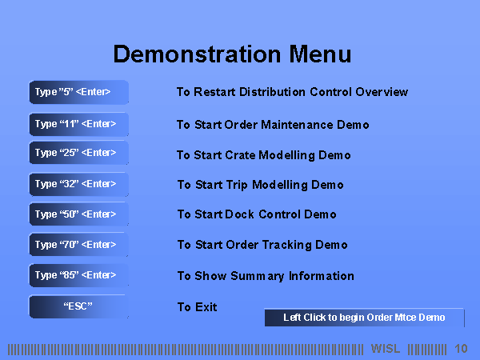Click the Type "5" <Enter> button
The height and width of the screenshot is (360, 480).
tap(78, 92)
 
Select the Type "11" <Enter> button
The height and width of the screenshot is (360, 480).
tap(78, 124)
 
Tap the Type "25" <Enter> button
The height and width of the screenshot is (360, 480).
tap(78, 153)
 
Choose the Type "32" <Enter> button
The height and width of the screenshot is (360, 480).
tap(78, 184)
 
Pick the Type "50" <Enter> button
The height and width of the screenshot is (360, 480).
tap(78, 214)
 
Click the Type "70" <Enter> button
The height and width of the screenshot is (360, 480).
tap(78, 244)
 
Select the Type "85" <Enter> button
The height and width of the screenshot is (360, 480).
tap(78, 275)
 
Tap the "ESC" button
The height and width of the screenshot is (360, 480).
tap(78, 306)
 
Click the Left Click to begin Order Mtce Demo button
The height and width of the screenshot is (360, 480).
tap(364, 318)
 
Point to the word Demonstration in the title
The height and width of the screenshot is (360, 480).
tap(197, 54)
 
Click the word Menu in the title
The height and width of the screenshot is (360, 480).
tap(320, 54)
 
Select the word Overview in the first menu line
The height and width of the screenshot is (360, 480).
tap(382, 92)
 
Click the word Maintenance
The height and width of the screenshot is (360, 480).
tap(297, 125)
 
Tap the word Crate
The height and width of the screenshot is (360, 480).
tap(240, 155)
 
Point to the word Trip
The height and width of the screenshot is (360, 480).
tap(237, 186)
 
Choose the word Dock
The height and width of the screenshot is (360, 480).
tap(239, 214)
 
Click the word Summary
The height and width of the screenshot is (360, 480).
tap(258, 276)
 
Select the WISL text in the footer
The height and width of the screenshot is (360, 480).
tap(386, 348)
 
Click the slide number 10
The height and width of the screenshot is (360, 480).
tap(461, 348)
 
